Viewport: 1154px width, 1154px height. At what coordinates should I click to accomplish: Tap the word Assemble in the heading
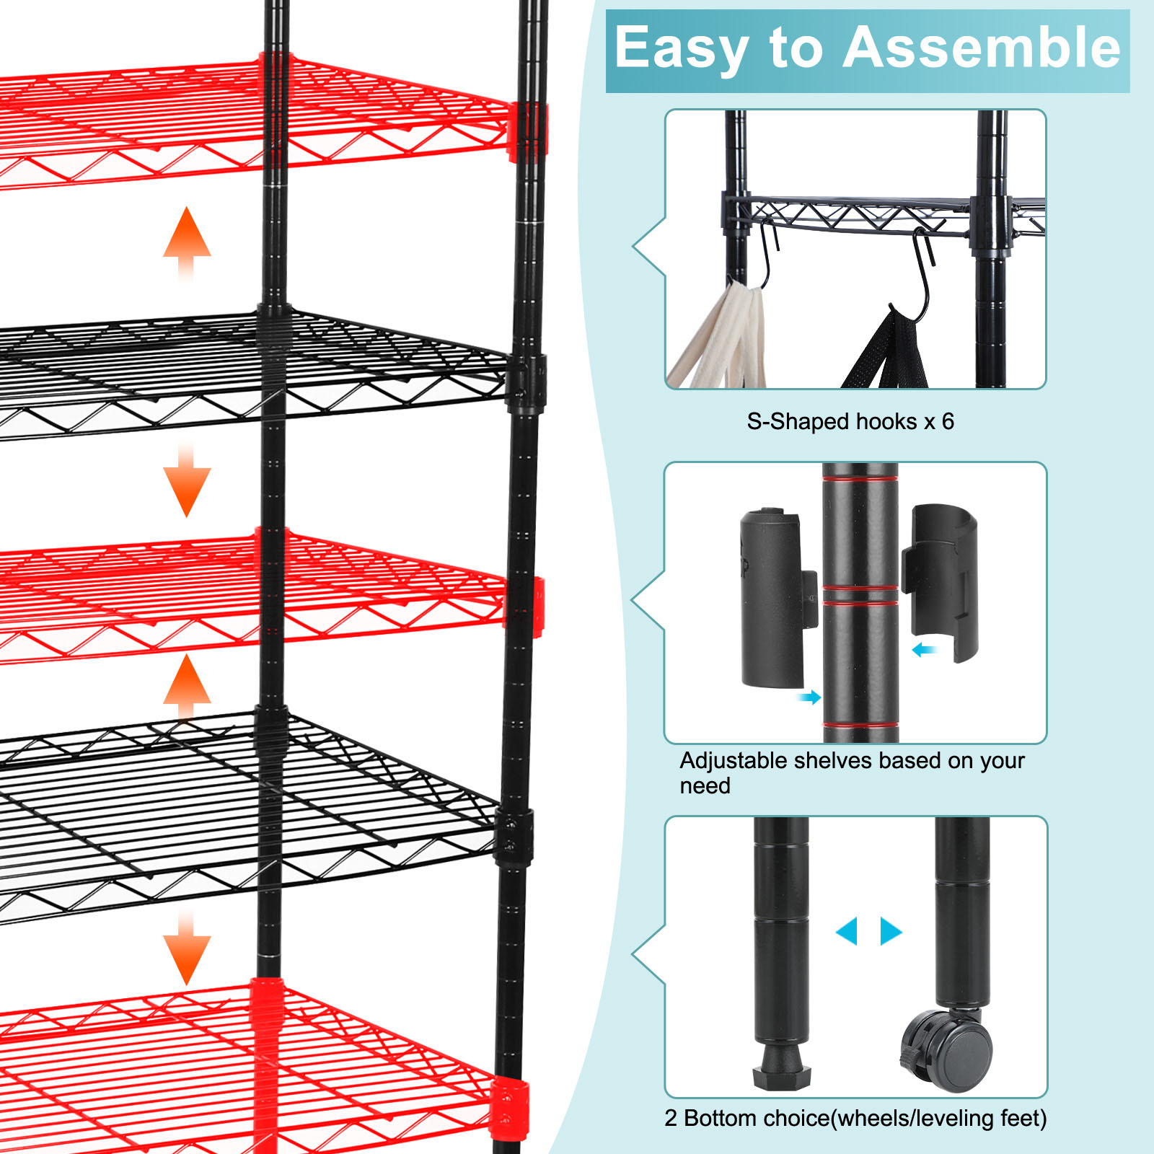982,47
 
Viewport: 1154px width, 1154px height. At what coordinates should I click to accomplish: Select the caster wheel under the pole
947,1051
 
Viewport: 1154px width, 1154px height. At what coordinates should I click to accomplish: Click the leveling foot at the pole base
780,1065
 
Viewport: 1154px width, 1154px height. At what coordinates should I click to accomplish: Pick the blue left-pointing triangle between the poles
847,931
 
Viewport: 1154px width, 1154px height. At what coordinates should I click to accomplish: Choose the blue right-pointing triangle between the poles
891,931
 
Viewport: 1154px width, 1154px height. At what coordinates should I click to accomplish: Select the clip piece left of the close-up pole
778,598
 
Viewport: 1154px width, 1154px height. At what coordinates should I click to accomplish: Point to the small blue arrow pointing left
924,650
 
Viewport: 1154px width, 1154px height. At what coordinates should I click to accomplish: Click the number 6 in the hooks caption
947,421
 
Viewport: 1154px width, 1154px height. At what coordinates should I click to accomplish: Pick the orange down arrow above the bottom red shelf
187,946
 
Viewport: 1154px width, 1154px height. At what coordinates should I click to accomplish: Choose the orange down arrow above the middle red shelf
187,480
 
